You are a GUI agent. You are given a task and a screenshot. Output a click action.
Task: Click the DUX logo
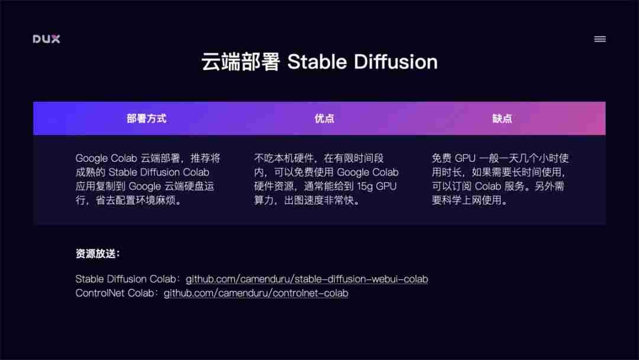coord(46,39)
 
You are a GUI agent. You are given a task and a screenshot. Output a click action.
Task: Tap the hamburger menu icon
coord(599,39)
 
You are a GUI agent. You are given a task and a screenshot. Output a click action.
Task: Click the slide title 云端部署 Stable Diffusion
coord(319,62)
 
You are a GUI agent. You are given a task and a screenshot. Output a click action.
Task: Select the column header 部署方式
coord(146,118)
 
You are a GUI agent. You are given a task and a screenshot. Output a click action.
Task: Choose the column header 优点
coord(324,118)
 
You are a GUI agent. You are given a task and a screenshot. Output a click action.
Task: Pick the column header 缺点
coord(502,118)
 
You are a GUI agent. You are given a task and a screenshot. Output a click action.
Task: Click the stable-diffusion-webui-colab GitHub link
coord(306,279)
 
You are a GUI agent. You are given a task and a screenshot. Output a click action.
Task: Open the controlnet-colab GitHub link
coord(256,293)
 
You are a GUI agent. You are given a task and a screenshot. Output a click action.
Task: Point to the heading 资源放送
coord(98,254)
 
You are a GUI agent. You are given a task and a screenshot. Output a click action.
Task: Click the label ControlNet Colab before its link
coord(117,293)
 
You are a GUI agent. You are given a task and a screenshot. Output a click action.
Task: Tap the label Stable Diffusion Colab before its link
coord(125,279)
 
